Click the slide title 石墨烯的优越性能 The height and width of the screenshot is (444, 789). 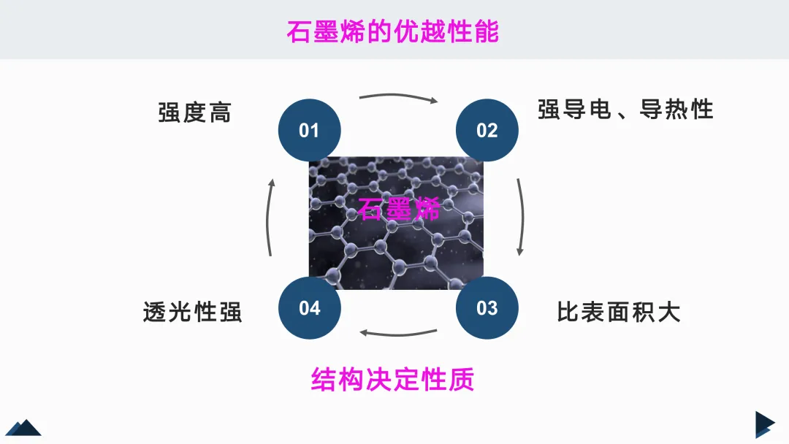click(393, 32)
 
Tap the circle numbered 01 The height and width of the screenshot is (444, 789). click(309, 131)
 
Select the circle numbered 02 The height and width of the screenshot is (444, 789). click(487, 131)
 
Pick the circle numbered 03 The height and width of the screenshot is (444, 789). click(487, 307)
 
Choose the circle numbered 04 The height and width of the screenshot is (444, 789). click(309, 307)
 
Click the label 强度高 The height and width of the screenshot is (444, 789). click(194, 112)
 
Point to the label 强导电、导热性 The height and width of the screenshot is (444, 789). click(625, 110)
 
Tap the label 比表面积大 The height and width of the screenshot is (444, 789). click(619, 313)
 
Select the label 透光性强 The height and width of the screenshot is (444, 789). click(192, 313)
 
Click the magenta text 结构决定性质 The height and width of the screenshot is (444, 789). click(393, 380)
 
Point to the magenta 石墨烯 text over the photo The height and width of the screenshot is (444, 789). click(399, 209)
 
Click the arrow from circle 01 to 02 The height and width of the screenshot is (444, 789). click(398, 97)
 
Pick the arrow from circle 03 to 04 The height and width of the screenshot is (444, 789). click(398, 334)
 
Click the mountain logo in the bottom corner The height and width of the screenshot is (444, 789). click(23, 427)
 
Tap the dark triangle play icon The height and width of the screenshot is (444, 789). click(764, 424)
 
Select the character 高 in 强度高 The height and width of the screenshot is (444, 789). click(219, 112)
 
